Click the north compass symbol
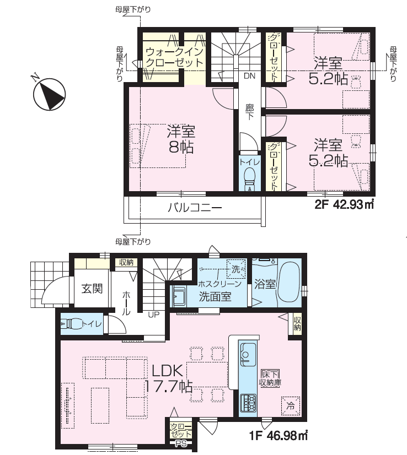coord(49,94)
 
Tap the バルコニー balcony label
coord(195,208)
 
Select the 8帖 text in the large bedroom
coord(181,148)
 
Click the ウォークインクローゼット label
coord(174,57)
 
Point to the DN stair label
coord(249,76)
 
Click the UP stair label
coord(154,315)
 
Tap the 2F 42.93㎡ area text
coord(344,205)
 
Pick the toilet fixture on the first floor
coord(72,323)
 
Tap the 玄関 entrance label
coord(92,289)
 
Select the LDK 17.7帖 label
coord(168,378)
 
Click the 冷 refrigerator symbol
coord(290,405)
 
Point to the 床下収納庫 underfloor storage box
coord(270,378)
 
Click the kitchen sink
coord(248,354)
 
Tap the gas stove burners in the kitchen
coord(248,403)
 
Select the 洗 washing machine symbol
coord(236,269)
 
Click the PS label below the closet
coord(180,443)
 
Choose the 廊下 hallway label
coord(249,112)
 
